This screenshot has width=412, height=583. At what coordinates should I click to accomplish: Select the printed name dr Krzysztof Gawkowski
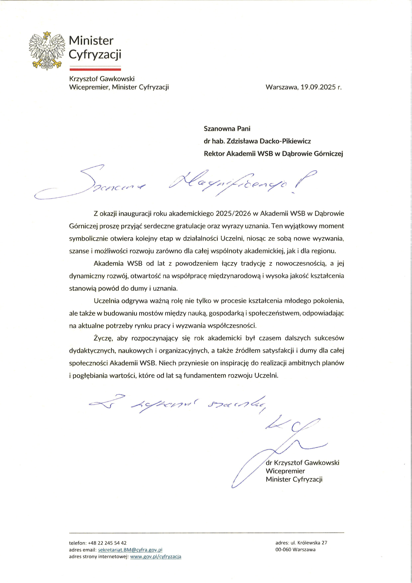[x=302, y=463]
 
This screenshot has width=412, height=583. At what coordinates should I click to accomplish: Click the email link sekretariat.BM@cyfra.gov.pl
[x=130, y=550]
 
